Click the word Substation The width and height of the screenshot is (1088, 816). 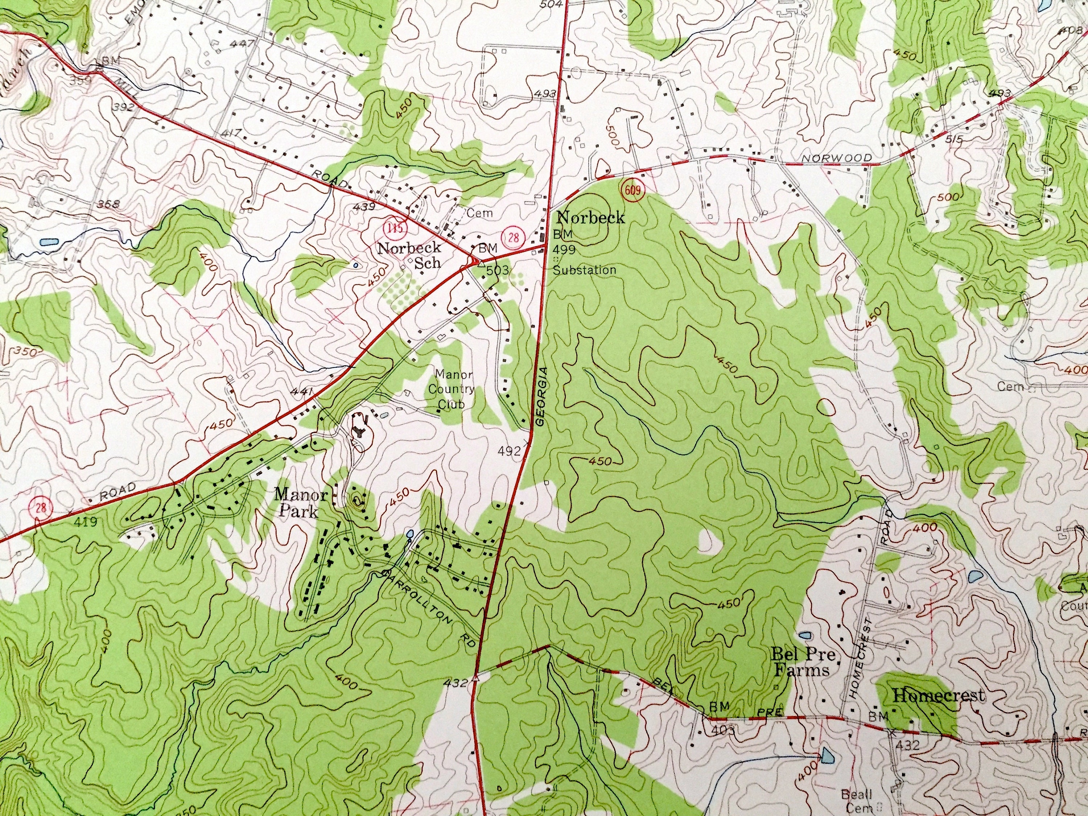pos(584,269)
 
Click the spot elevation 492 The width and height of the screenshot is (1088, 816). pos(509,451)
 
